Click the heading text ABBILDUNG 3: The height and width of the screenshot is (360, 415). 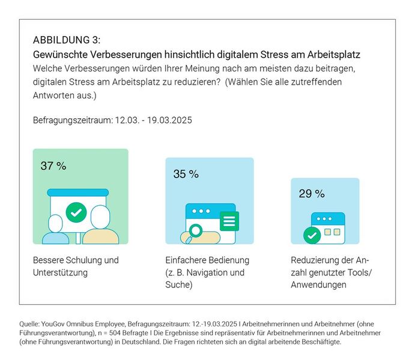point(66,41)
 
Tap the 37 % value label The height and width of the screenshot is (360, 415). point(53,166)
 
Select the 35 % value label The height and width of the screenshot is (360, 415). point(186,174)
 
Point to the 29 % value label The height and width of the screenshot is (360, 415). point(311,194)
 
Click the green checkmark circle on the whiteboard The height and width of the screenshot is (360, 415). point(76,212)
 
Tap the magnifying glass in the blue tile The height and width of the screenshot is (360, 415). point(195,230)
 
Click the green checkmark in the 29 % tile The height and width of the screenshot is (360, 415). point(311,235)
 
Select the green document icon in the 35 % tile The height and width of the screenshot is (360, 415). point(228,220)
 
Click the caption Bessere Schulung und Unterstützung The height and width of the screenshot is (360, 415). point(76,266)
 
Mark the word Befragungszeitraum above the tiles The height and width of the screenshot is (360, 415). point(71,120)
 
